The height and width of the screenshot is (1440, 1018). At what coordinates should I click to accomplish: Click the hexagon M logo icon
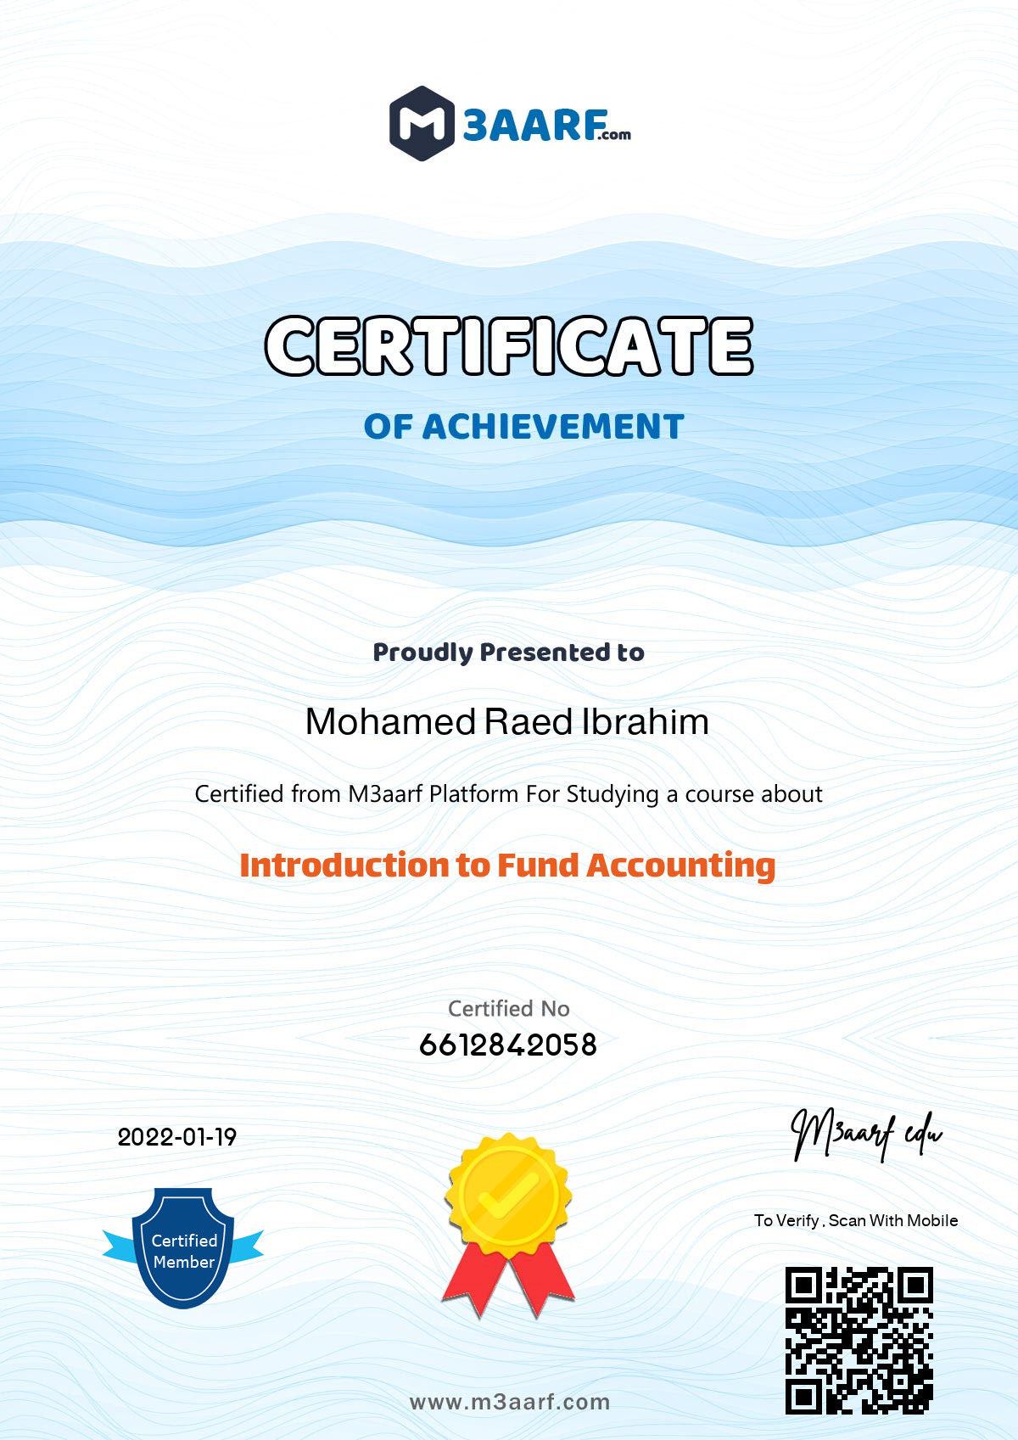pyautogui.click(x=422, y=124)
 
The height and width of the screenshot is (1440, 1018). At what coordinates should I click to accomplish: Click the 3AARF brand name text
pyautogui.click(x=534, y=126)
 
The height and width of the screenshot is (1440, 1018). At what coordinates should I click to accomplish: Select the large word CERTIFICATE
pyautogui.click(x=509, y=346)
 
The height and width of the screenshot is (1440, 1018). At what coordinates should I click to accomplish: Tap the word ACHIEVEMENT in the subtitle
pyautogui.click(x=552, y=427)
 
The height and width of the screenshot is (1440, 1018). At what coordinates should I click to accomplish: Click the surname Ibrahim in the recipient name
pyautogui.click(x=645, y=722)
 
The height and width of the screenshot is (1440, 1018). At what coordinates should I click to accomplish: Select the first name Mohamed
pyautogui.click(x=391, y=722)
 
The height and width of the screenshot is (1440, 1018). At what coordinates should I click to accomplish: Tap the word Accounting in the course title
pyautogui.click(x=681, y=866)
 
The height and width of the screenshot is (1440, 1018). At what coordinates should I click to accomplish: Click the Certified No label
pyautogui.click(x=509, y=1008)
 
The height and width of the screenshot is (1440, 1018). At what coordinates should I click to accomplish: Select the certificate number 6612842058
pyautogui.click(x=508, y=1045)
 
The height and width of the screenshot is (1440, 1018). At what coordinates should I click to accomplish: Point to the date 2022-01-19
pyautogui.click(x=176, y=1137)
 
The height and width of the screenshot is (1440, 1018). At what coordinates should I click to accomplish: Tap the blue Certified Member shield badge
pyautogui.click(x=183, y=1247)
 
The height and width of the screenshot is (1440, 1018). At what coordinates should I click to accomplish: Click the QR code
pyautogui.click(x=859, y=1341)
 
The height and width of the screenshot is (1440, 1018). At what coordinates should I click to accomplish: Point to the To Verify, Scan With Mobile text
pyautogui.click(x=855, y=1220)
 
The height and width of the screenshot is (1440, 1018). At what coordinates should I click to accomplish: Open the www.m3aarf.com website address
pyautogui.click(x=509, y=1402)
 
